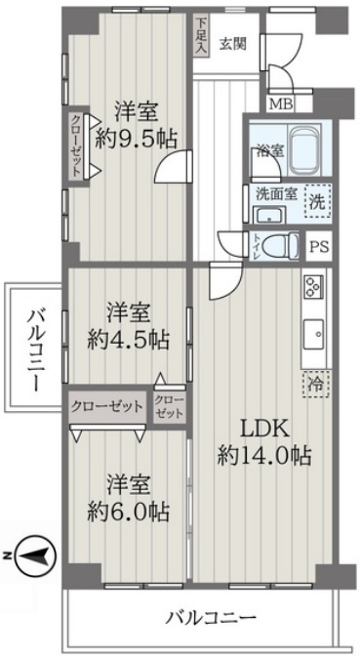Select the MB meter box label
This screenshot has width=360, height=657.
pos(280,103)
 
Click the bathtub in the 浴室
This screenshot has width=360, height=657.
pos(304,149)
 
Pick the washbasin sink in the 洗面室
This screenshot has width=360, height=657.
pos(270,216)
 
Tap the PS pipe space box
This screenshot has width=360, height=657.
pos(319,246)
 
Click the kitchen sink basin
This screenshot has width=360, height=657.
pos(313,335)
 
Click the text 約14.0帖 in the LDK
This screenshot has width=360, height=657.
pos(264,455)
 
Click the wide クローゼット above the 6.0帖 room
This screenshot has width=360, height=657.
pos(107,406)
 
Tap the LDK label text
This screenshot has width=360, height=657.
pos(264,429)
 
